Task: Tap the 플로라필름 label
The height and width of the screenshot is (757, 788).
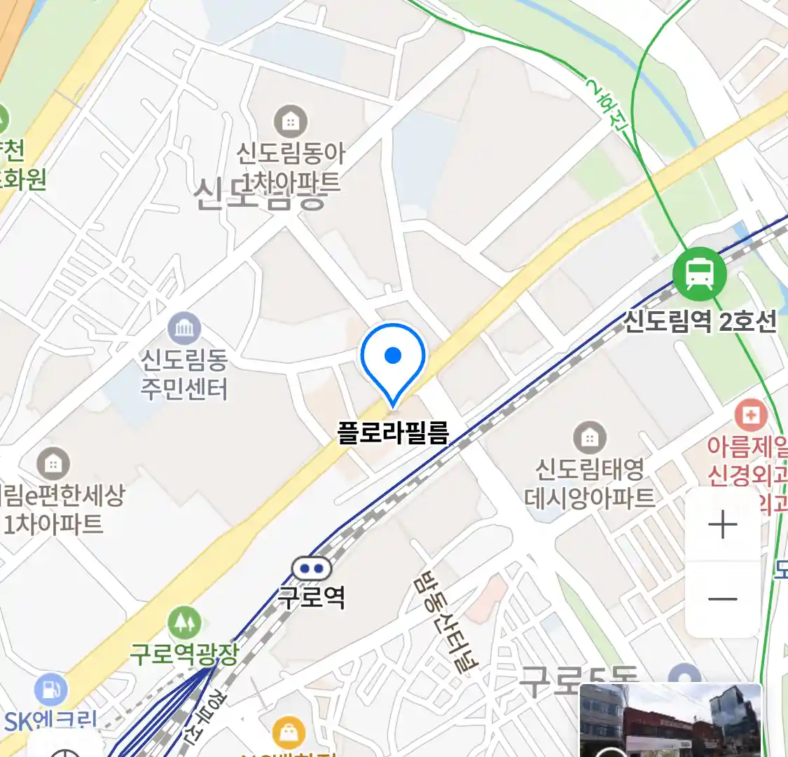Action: [393, 432]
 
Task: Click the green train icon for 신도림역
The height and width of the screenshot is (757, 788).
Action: [699, 273]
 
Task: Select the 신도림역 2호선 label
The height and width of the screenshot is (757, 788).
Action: [700, 322]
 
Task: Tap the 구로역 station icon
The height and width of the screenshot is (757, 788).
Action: [311, 568]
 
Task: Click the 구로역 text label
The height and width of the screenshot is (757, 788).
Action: [312, 597]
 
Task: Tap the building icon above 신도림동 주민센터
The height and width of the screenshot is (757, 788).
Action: [184, 327]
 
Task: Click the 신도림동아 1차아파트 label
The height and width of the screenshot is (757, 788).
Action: [291, 168]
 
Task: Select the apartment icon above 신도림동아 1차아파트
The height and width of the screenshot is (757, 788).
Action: [290, 122]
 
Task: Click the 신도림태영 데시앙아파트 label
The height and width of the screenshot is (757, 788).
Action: [590, 483]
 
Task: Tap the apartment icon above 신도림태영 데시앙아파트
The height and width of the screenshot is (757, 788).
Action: [590, 438]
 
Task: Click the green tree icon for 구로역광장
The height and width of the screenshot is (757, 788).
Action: [184, 622]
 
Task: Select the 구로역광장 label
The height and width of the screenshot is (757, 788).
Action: [185, 654]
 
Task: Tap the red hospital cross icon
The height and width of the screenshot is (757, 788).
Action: [750, 415]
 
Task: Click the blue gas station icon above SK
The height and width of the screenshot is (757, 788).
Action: [50, 689]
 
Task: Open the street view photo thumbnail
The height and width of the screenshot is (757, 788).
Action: [670, 720]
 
